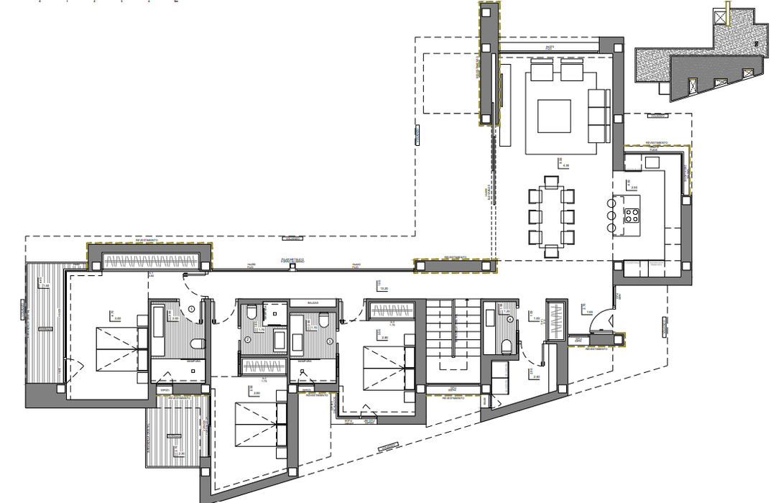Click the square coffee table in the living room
[x=554, y=116]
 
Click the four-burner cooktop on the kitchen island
[x=632, y=214]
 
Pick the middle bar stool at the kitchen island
[x=611, y=214]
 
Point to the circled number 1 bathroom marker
[x=192, y=310]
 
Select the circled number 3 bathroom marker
[x=330, y=341]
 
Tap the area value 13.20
[x=384, y=289]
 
